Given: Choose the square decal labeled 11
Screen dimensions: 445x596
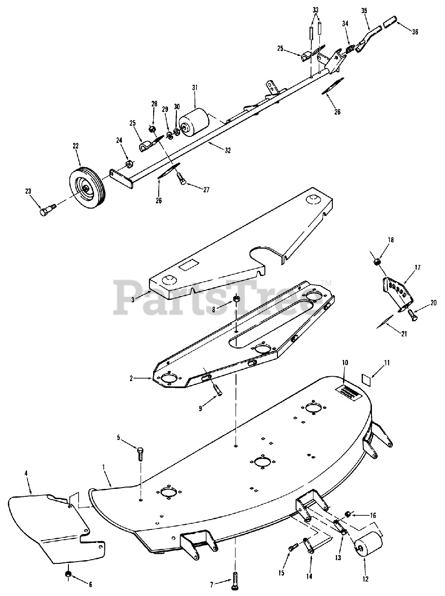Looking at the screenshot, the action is tap(366, 379).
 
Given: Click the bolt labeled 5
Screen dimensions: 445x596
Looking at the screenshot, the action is tap(141, 453).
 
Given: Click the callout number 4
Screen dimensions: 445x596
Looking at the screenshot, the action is tap(26, 473).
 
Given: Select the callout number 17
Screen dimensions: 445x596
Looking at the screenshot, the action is tap(417, 268).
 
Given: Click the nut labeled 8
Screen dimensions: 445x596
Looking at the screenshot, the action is tap(236, 299).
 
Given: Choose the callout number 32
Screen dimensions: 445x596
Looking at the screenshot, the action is tap(227, 150).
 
